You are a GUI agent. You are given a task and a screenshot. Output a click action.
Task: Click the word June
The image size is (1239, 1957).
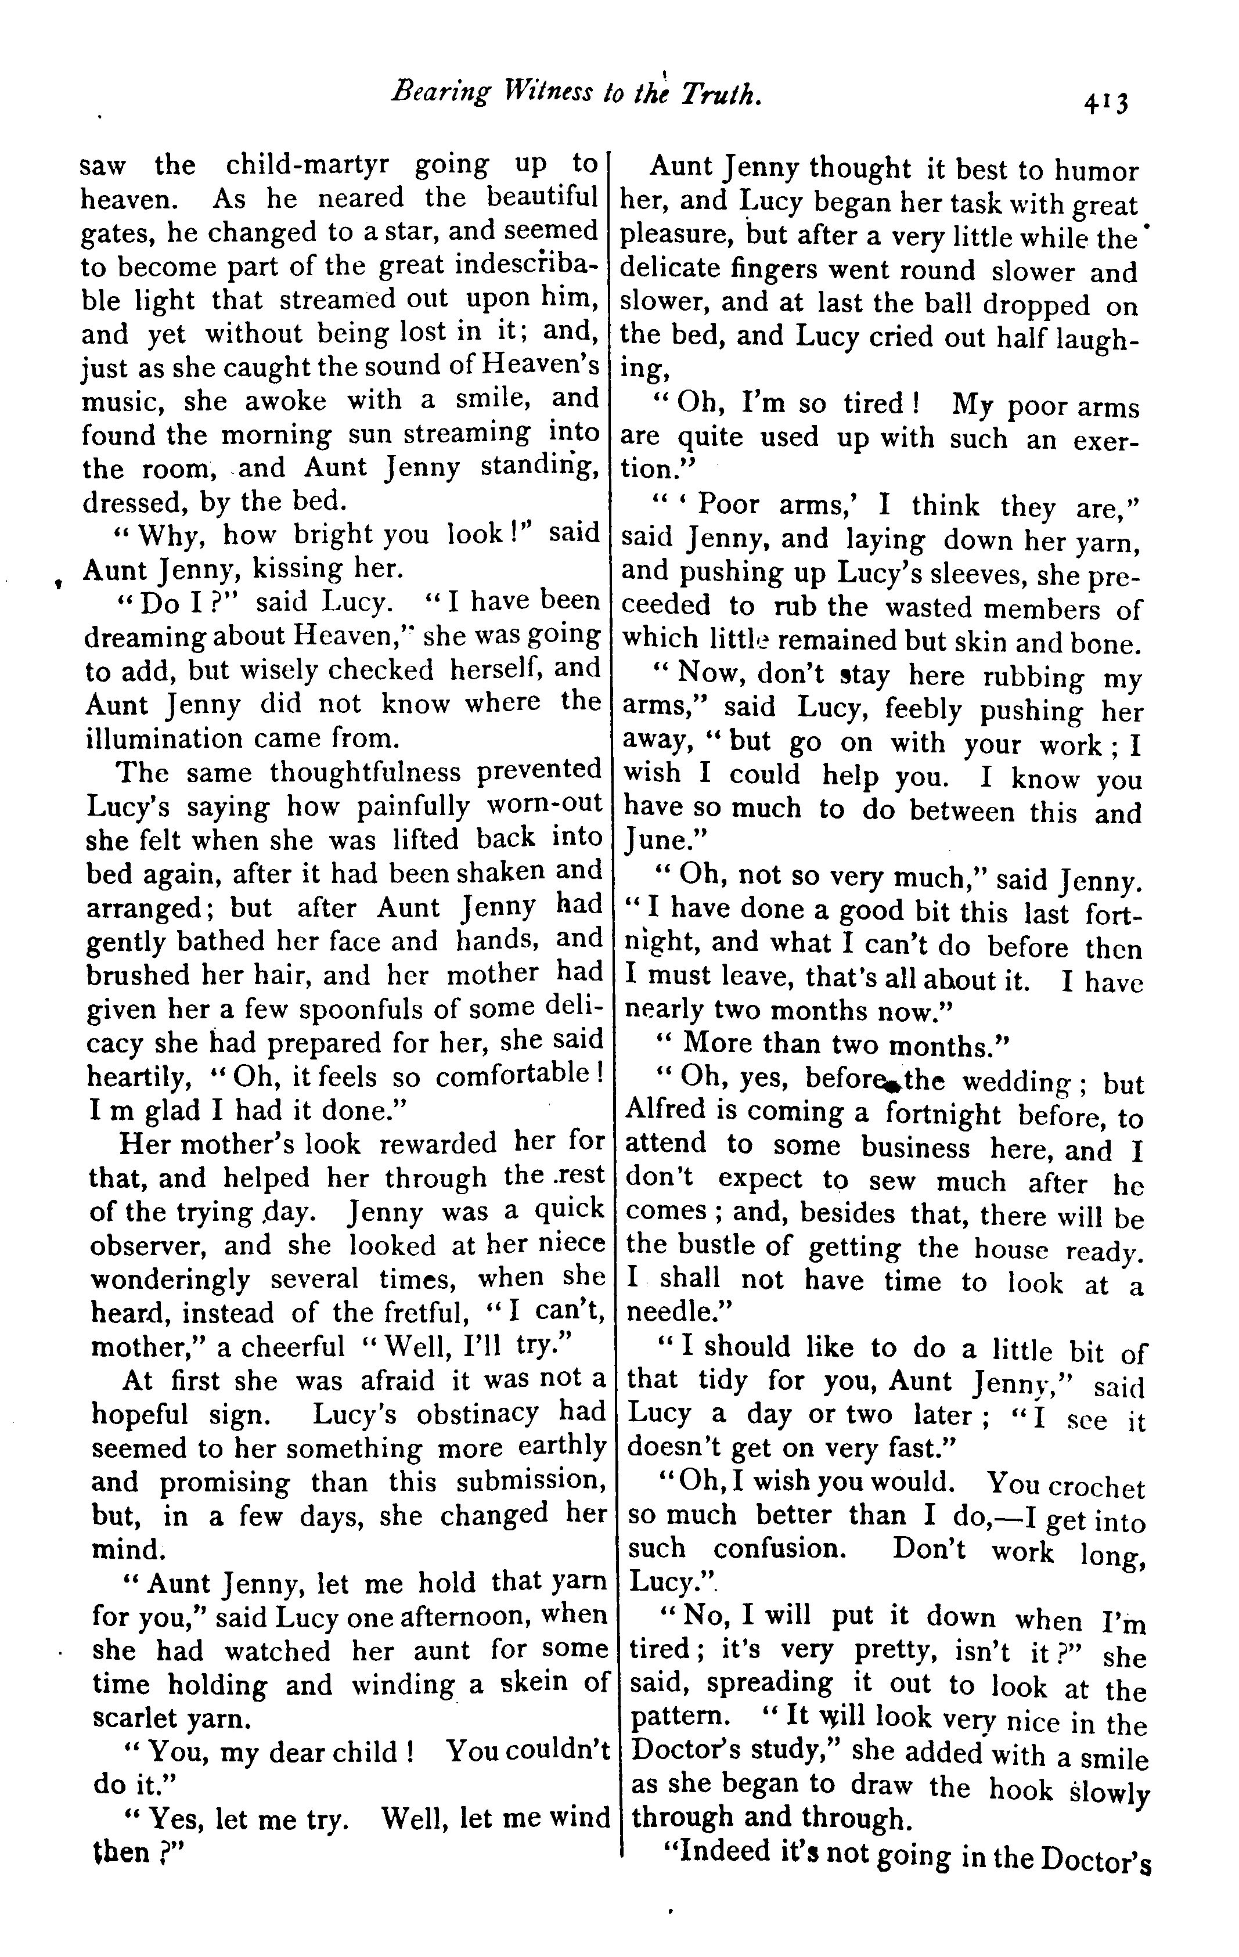pos(656,839)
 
